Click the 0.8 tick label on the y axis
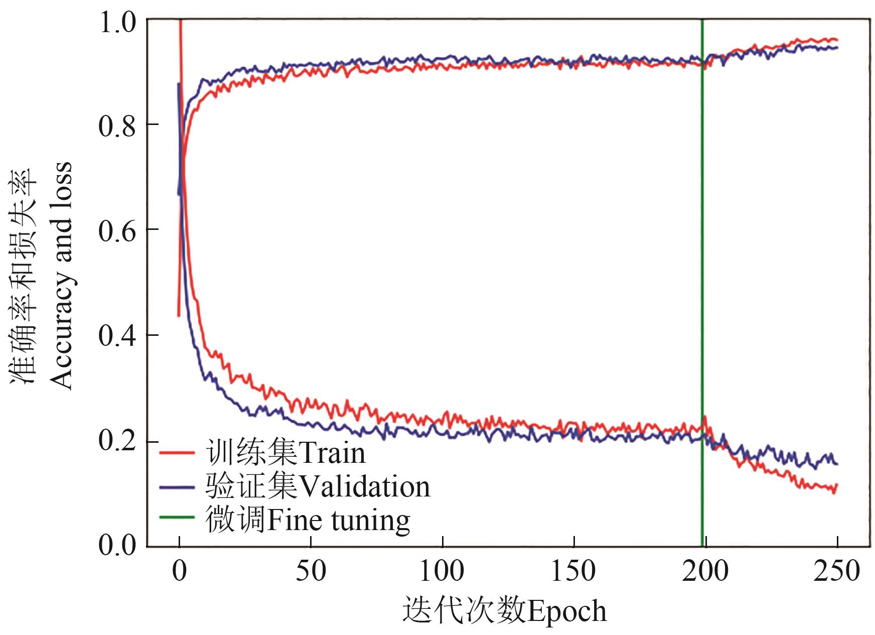click(x=117, y=125)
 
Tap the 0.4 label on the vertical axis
click(x=117, y=335)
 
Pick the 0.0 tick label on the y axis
click(x=117, y=545)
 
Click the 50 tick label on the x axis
click(x=311, y=571)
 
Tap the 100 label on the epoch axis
click(x=442, y=571)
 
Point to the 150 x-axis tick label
click(x=573, y=571)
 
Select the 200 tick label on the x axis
click(x=705, y=571)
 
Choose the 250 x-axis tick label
click(x=837, y=571)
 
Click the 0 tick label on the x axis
click(x=179, y=571)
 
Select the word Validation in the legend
click(x=364, y=486)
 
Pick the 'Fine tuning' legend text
click(x=339, y=520)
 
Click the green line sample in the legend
click(x=177, y=517)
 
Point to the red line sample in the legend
click(x=177, y=453)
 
